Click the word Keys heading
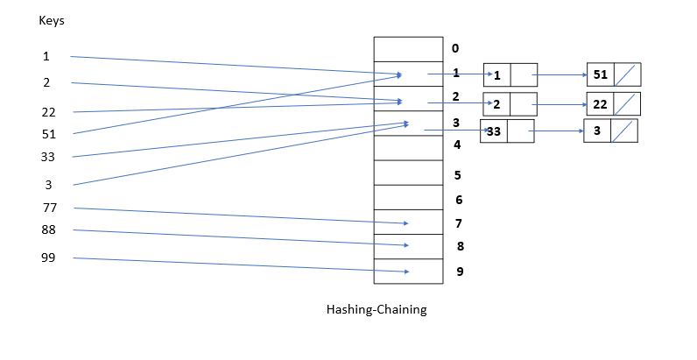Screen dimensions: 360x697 (x=52, y=20)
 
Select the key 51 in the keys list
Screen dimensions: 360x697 (x=49, y=134)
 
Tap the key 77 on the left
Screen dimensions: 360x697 (x=49, y=208)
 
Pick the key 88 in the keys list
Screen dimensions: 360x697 (x=49, y=229)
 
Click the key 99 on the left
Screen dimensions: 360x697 (x=49, y=258)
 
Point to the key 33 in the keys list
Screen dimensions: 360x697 (x=49, y=157)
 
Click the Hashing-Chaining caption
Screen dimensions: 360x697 (x=376, y=309)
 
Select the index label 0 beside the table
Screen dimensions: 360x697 (x=455, y=48)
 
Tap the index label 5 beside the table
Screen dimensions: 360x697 (x=457, y=175)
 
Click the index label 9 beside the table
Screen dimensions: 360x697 (x=460, y=272)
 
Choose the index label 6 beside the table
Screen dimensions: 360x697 (x=458, y=200)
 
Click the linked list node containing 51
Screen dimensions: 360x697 (x=614, y=74)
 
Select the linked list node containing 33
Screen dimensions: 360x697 (x=506, y=131)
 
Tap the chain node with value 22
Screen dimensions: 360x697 (x=613, y=103)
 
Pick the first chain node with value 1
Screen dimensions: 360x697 (x=510, y=74)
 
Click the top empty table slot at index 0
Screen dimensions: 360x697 (x=408, y=48)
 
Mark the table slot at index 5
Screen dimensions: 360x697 (x=408, y=173)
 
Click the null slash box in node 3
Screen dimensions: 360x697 (x=623, y=131)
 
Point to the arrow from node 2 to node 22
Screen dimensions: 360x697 (x=561, y=104)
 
